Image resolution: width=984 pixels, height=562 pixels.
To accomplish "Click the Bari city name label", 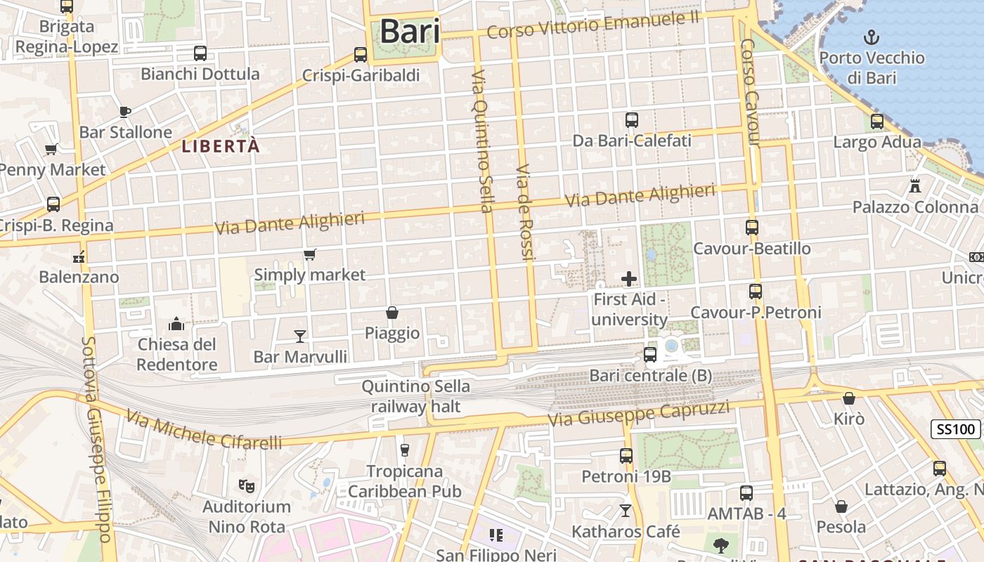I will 410,32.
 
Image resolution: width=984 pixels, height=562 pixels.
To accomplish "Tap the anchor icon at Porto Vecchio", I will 872,37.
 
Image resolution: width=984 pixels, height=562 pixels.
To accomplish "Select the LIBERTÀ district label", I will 221,146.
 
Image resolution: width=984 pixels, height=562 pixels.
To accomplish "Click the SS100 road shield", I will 957,429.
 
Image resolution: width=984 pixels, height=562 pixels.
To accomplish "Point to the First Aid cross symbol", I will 628,280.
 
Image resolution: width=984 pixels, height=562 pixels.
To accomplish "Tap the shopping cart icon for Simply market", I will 309,254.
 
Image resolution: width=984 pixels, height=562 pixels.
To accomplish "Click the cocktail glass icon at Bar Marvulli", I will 300,336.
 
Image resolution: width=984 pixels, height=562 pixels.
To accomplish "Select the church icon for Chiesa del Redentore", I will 176,324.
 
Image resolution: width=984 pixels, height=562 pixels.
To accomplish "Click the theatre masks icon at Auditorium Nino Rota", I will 246,485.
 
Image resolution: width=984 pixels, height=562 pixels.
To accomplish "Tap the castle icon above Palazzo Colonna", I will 914,186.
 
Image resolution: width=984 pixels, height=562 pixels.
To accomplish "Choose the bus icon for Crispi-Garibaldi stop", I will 361,54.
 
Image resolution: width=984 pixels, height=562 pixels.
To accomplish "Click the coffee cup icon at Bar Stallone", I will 125,112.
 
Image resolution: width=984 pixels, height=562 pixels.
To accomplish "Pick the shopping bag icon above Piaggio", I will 392,313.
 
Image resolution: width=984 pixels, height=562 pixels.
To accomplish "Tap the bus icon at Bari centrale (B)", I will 650,355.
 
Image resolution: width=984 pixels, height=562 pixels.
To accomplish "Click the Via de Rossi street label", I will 525,213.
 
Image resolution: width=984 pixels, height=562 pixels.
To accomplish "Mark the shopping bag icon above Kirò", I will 849,398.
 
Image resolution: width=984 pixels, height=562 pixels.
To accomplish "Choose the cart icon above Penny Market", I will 51,149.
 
